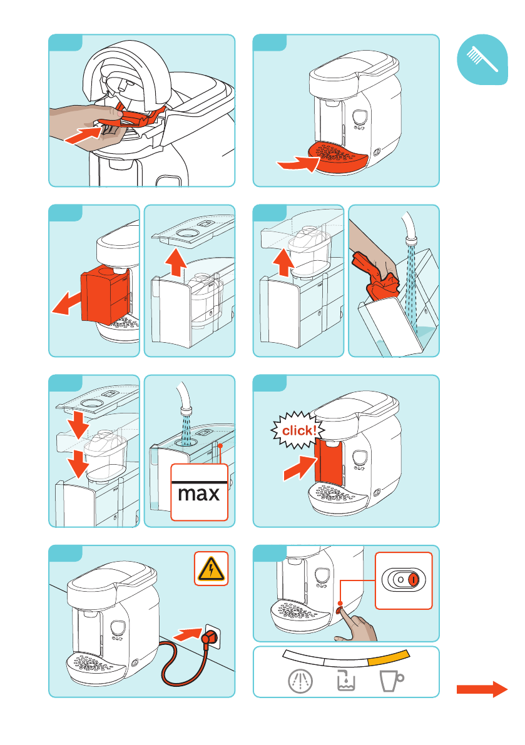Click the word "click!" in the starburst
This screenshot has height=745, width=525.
[299, 430]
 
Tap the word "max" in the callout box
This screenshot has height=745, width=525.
[199, 494]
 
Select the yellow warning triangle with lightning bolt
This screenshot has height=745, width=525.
[211, 568]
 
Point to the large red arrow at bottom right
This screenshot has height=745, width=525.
[482, 689]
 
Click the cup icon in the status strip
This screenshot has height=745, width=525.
[392, 681]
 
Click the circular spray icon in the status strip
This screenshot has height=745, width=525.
[301, 681]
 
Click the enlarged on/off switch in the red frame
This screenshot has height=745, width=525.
[404, 580]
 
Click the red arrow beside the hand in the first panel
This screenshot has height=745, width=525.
[83, 134]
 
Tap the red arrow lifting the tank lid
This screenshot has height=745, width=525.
[176, 263]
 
